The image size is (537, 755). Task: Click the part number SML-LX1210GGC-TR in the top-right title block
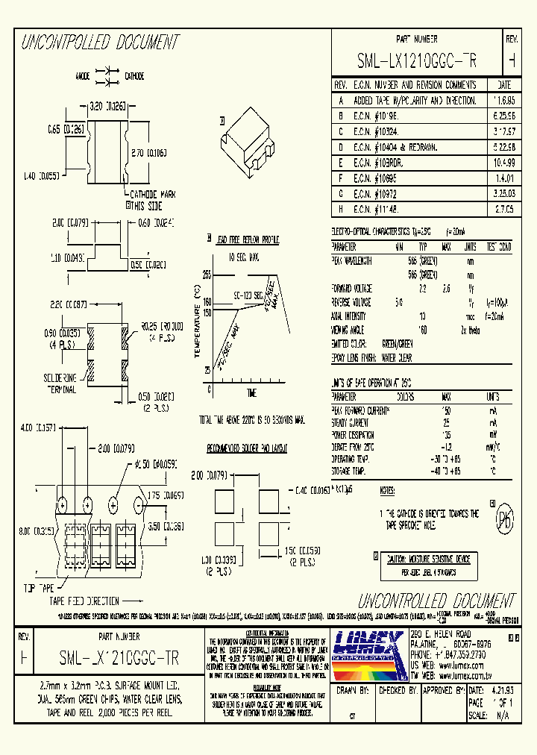point(417,60)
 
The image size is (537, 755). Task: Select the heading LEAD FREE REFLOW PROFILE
point(246,239)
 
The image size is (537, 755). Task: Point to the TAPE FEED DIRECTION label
point(84,601)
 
